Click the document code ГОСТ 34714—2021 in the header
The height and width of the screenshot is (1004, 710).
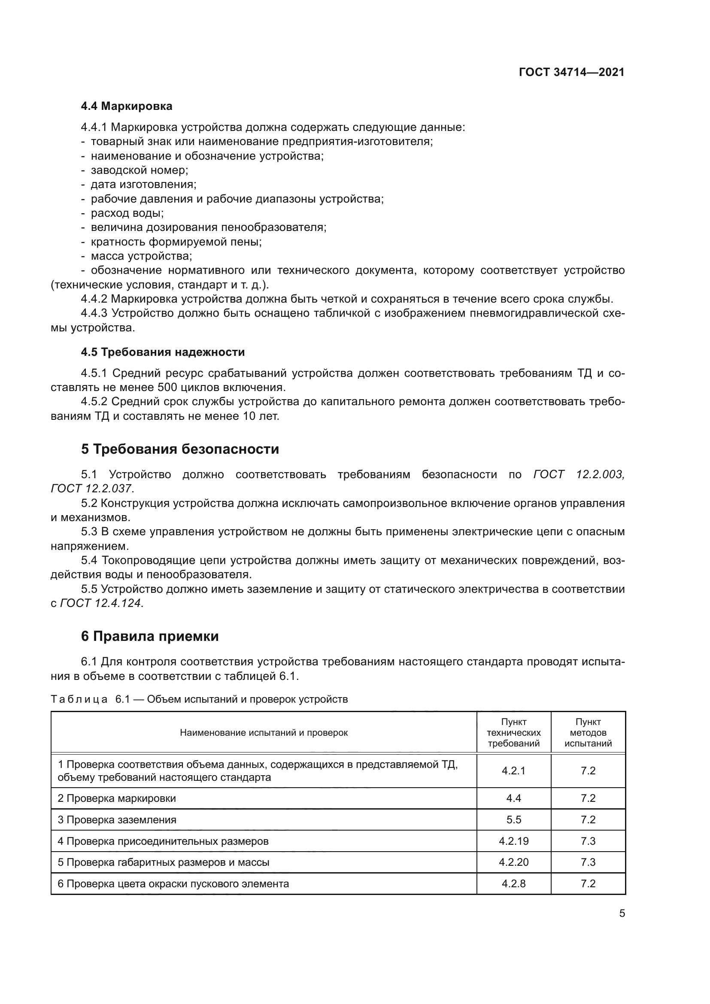click(571, 73)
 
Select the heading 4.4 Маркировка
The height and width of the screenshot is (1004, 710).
click(126, 106)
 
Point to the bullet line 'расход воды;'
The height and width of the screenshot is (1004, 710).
click(127, 213)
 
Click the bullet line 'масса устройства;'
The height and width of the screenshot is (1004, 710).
click(141, 256)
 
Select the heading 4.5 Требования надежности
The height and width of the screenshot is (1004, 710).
click(163, 352)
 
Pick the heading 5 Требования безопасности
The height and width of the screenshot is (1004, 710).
click(180, 449)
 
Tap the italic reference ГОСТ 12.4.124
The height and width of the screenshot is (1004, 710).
click(100, 603)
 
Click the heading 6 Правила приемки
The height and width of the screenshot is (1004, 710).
click(149, 636)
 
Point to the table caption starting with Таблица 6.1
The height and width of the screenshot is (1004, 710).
click(199, 699)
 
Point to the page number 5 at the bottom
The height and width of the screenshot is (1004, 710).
click(622, 913)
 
